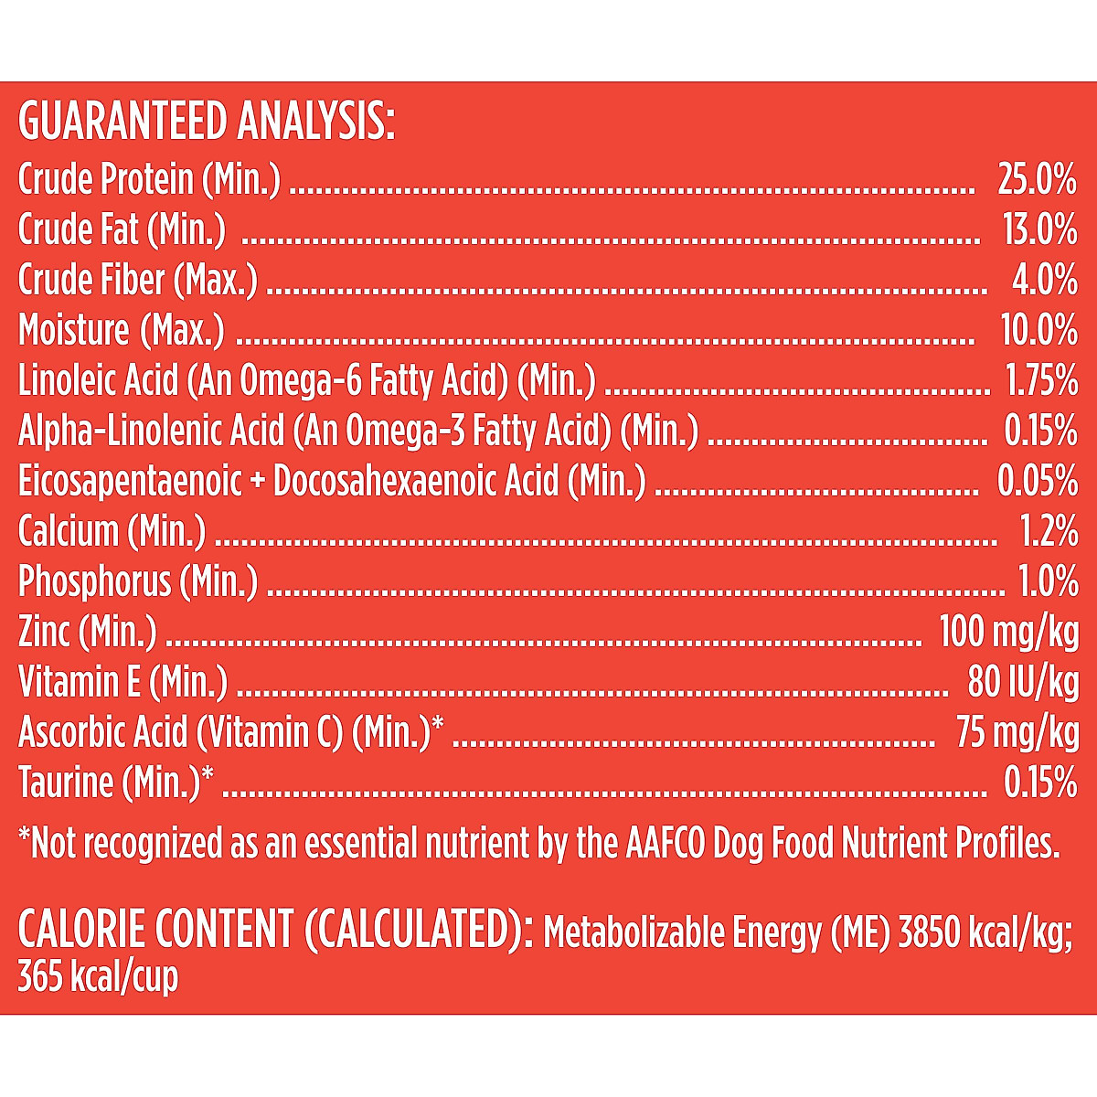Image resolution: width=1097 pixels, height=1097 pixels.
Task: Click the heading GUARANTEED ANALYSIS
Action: [207, 122]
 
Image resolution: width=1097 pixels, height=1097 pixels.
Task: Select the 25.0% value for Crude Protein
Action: [1037, 180]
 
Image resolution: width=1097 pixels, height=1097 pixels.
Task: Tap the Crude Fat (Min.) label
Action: [122, 230]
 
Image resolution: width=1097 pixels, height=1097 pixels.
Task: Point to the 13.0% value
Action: [1039, 230]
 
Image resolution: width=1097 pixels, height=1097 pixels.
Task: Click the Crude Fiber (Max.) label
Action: [138, 281]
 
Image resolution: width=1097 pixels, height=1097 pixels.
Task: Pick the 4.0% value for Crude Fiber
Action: [1044, 281]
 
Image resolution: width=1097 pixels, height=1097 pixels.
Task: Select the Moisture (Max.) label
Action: [122, 331]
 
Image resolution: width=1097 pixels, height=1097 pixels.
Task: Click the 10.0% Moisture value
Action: [1038, 331]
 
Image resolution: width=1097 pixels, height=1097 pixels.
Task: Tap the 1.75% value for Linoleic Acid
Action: [1041, 381]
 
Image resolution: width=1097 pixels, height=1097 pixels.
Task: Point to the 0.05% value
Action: [1037, 482]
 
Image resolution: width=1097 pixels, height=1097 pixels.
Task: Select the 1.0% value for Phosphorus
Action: [1048, 581]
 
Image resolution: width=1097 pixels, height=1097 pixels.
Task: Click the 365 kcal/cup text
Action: [98, 978]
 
